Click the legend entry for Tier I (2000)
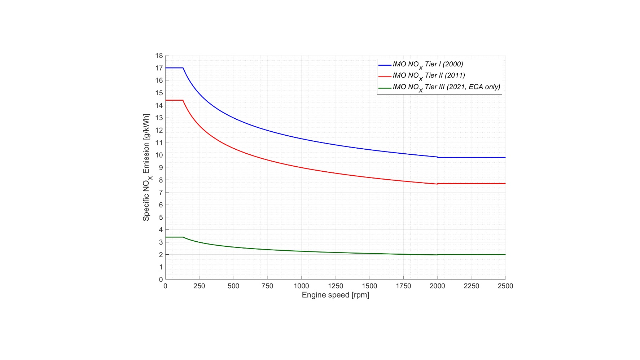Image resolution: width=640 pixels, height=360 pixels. [x=428, y=65]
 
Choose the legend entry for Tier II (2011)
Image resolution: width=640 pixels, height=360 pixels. [x=429, y=76]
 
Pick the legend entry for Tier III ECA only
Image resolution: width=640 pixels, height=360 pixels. [x=446, y=87]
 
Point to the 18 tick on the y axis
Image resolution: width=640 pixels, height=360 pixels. [x=159, y=56]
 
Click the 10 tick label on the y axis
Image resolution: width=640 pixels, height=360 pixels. [x=159, y=155]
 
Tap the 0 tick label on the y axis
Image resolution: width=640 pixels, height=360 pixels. [x=161, y=280]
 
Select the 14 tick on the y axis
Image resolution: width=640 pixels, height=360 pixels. [x=159, y=105]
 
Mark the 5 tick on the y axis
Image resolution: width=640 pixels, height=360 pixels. [x=161, y=218]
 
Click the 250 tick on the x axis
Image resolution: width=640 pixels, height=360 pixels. [x=199, y=286]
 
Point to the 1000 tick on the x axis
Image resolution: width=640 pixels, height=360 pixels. [x=301, y=286]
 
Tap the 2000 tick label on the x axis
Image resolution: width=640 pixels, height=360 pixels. [x=437, y=286]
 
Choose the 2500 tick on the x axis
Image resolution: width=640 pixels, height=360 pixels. [x=505, y=286]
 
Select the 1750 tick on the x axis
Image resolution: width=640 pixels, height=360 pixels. [x=403, y=286]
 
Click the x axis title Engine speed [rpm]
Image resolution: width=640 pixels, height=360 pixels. [x=336, y=295]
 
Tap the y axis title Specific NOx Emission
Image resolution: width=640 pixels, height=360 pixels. [x=146, y=167]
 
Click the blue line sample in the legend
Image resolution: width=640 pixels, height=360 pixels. [x=385, y=65]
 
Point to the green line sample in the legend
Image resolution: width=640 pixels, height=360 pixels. [x=385, y=88]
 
